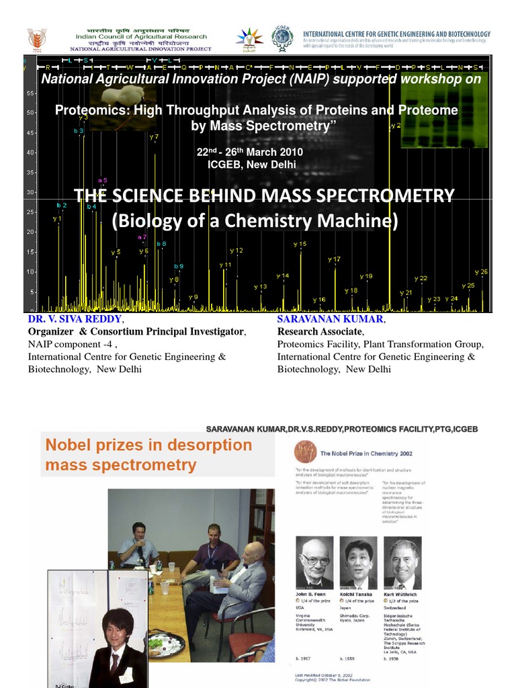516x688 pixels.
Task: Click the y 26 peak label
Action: [x=481, y=271]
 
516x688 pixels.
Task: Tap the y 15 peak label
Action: [x=300, y=244]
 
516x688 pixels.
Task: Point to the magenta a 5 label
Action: [x=102, y=180]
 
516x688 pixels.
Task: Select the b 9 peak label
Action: [x=179, y=266]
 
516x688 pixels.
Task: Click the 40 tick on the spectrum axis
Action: [x=30, y=153]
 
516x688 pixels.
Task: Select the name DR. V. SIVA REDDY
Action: [x=75, y=318]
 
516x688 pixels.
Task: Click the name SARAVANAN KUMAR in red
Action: [x=330, y=318]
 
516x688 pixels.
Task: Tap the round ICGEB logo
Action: [x=282, y=40]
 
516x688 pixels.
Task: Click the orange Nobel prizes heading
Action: [x=148, y=454]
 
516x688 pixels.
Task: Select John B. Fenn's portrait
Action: [x=315, y=563]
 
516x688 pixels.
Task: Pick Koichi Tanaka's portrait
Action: [x=358, y=563]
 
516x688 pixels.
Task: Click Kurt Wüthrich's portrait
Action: [x=402, y=563]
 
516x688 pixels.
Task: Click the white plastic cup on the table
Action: [x=165, y=588]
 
